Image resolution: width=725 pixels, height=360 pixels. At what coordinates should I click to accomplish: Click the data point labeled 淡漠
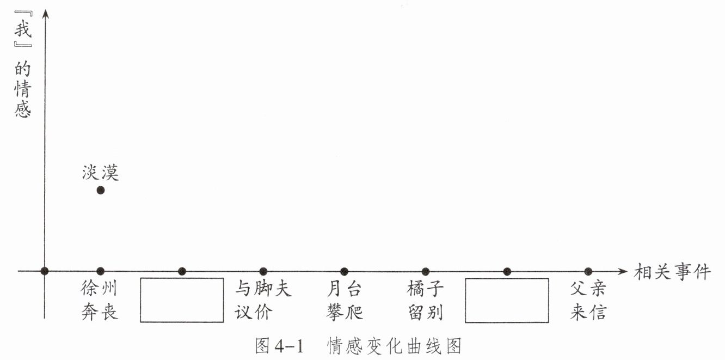pos(100,190)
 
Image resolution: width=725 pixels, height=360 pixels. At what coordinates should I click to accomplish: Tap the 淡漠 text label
pos(100,173)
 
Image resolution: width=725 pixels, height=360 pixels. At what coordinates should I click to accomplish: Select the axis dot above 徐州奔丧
pos(100,271)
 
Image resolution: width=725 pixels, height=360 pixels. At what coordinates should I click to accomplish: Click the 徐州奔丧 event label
pos(100,300)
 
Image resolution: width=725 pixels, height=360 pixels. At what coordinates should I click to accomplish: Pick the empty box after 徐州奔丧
pos(182,300)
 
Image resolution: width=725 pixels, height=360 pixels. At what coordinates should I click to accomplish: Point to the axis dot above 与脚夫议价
pos(263,271)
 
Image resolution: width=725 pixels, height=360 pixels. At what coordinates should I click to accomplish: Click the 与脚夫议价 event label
pos(263,300)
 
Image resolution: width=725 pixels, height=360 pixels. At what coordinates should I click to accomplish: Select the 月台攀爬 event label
pos(345,300)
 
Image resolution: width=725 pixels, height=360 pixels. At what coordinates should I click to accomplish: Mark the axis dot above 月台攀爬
pos(344,271)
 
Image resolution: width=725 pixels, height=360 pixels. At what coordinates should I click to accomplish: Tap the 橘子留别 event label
pos(426,300)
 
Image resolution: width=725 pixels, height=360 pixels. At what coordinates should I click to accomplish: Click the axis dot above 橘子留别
pos(426,271)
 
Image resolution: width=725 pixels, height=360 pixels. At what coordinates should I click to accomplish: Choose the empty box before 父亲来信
pos(507,300)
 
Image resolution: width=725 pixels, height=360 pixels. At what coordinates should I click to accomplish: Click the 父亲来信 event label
pos(588,300)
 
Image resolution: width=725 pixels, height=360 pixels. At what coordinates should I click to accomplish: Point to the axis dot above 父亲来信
pos(588,271)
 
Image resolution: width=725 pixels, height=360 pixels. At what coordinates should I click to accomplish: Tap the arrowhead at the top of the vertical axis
pos(45,12)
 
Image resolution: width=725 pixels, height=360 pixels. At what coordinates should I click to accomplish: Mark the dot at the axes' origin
pos(45,271)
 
